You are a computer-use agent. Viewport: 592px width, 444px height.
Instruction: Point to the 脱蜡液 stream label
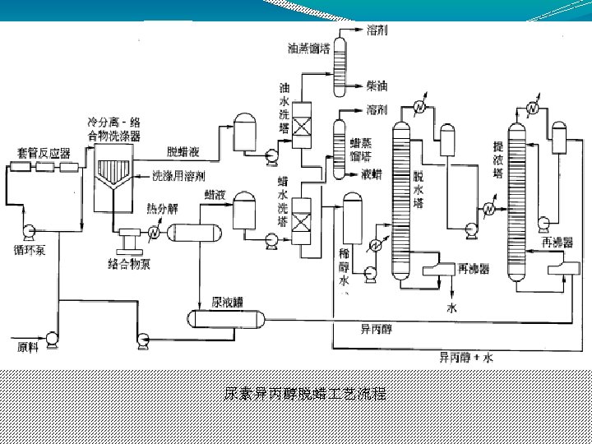click(x=183, y=151)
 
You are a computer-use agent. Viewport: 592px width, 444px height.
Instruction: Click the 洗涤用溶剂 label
click(x=179, y=176)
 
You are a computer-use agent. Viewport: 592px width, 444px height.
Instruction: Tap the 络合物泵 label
click(x=128, y=263)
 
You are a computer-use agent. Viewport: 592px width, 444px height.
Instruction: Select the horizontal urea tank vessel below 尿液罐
click(x=224, y=317)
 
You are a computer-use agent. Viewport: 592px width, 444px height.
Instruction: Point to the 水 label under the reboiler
click(x=451, y=309)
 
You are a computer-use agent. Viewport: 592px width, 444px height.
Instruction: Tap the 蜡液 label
click(x=216, y=195)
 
